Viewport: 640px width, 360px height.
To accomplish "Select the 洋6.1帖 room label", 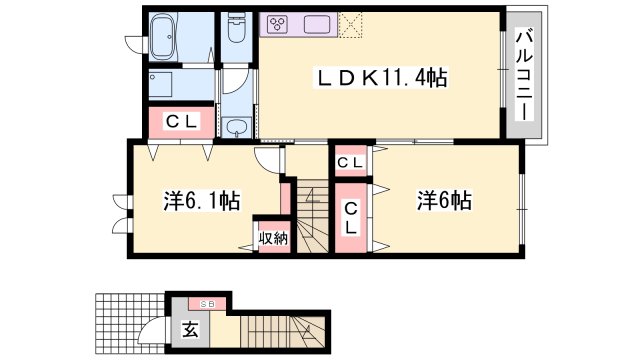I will (201, 201).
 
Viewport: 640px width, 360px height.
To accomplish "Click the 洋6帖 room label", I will (444, 201).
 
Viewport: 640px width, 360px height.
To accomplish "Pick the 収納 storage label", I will (272, 238).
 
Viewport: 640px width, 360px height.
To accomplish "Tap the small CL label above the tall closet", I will (350, 162).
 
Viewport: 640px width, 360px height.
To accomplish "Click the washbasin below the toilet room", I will (237, 127).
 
